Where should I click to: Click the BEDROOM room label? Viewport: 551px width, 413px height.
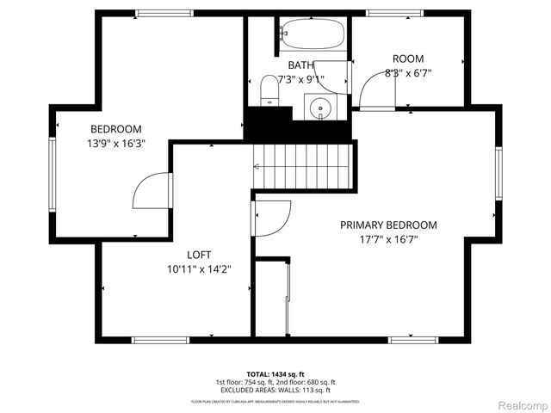(x=117, y=129)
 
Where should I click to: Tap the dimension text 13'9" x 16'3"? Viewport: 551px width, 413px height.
(x=117, y=144)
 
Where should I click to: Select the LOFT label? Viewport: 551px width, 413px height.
(x=199, y=255)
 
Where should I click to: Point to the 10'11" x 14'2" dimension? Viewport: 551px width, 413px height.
(x=199, y=269)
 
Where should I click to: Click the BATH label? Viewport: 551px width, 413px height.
(x=300, y=65)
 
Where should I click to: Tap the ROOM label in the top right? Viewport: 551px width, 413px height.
(x=408, y=59)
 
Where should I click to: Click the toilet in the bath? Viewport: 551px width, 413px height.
(x=269, y=89)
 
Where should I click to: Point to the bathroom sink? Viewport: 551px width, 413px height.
(x=320, y=108)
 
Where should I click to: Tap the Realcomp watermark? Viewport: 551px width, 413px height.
(x=522, y=404)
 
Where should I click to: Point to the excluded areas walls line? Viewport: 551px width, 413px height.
(x=275, y=391)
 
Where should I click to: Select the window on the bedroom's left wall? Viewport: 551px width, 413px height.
(x=53, y=172)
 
